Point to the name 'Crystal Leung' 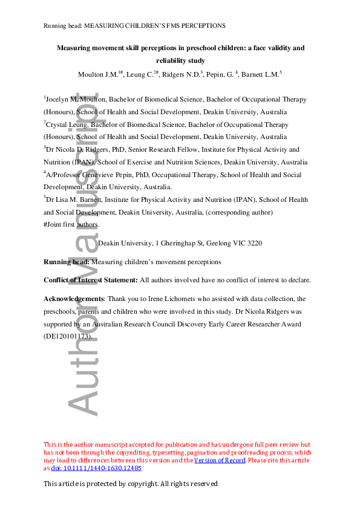(x=66, y=125)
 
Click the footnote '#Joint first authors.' (x=71, y=225)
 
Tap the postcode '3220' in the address (x=253, y=243)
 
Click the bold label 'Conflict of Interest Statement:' (x=91, y=280)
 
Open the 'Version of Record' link (x=220, y=461)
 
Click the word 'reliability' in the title (x=173, y=60)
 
